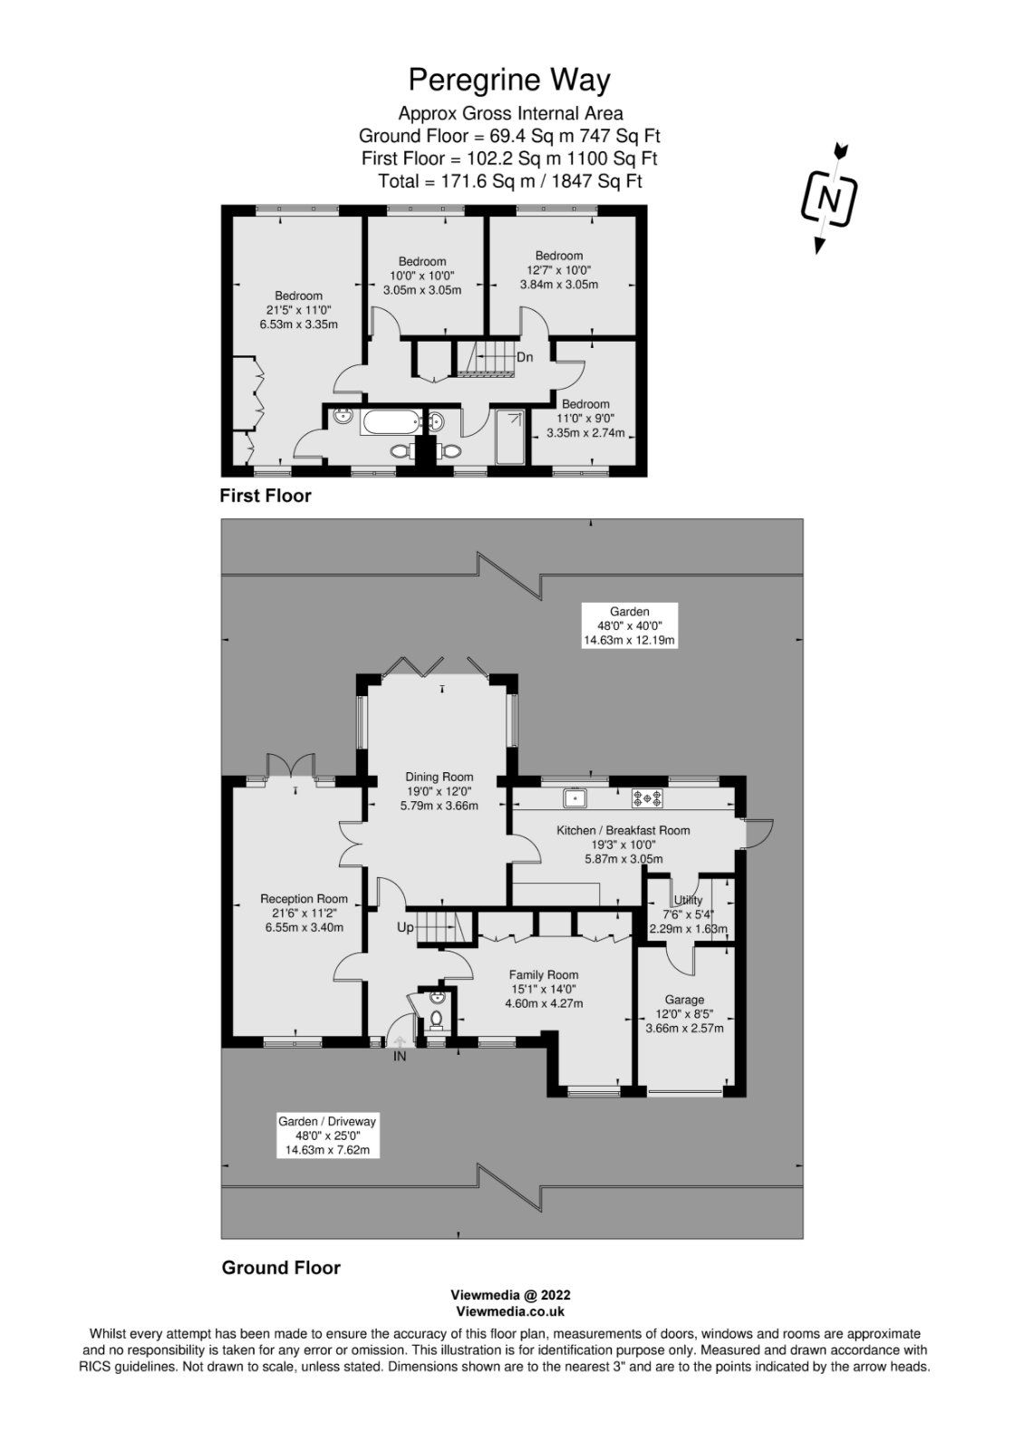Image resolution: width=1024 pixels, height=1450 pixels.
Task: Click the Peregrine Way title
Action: point(509,80)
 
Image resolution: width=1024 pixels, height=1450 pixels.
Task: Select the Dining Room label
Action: point(440,790)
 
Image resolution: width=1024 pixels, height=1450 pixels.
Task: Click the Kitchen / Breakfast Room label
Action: point(623,844)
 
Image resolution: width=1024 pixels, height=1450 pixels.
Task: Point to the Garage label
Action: point(683,1013)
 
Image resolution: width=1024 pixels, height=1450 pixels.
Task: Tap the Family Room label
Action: point(543,989)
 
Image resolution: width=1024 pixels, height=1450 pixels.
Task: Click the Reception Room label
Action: point(304,913)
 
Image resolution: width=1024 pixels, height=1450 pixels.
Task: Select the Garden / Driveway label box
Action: point(326,1136)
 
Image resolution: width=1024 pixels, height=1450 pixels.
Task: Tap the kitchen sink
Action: point(575,798)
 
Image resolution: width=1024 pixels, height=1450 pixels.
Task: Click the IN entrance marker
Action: point(400,1056)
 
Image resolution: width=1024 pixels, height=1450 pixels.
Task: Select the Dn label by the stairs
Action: point(525,357)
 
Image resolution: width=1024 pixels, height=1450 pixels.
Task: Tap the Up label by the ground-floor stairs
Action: point(405,928)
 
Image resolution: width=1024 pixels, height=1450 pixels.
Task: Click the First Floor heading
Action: point(265,496)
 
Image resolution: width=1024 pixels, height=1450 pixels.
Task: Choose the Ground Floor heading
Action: point(281,1268)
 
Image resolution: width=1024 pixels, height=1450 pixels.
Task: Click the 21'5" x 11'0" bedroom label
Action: point(298,309)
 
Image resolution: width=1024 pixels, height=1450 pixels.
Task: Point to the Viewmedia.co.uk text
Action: point(510,1310)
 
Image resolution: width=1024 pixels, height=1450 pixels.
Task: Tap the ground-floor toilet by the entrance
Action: point(437,1018)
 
